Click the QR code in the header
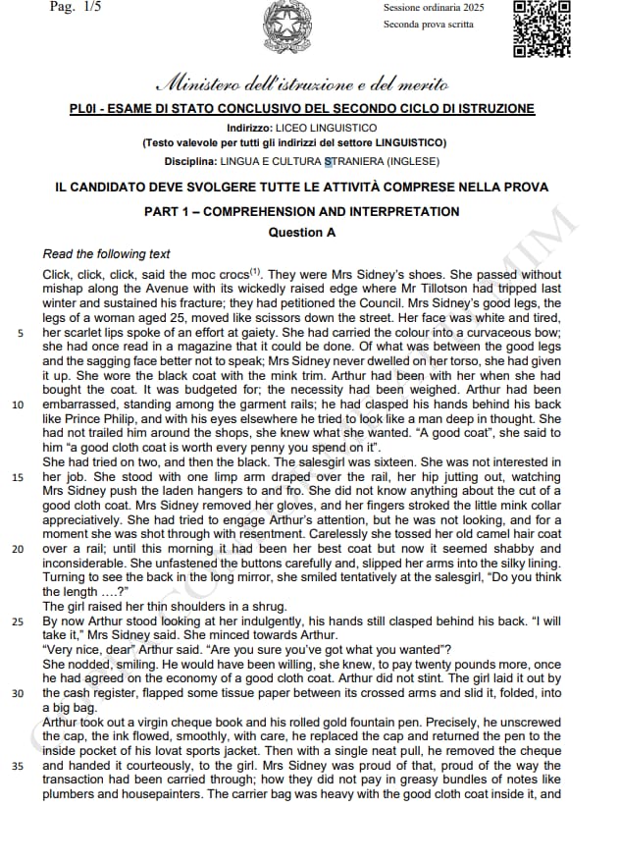(x=542, y=28)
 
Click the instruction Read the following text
(x=106, y=254)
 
